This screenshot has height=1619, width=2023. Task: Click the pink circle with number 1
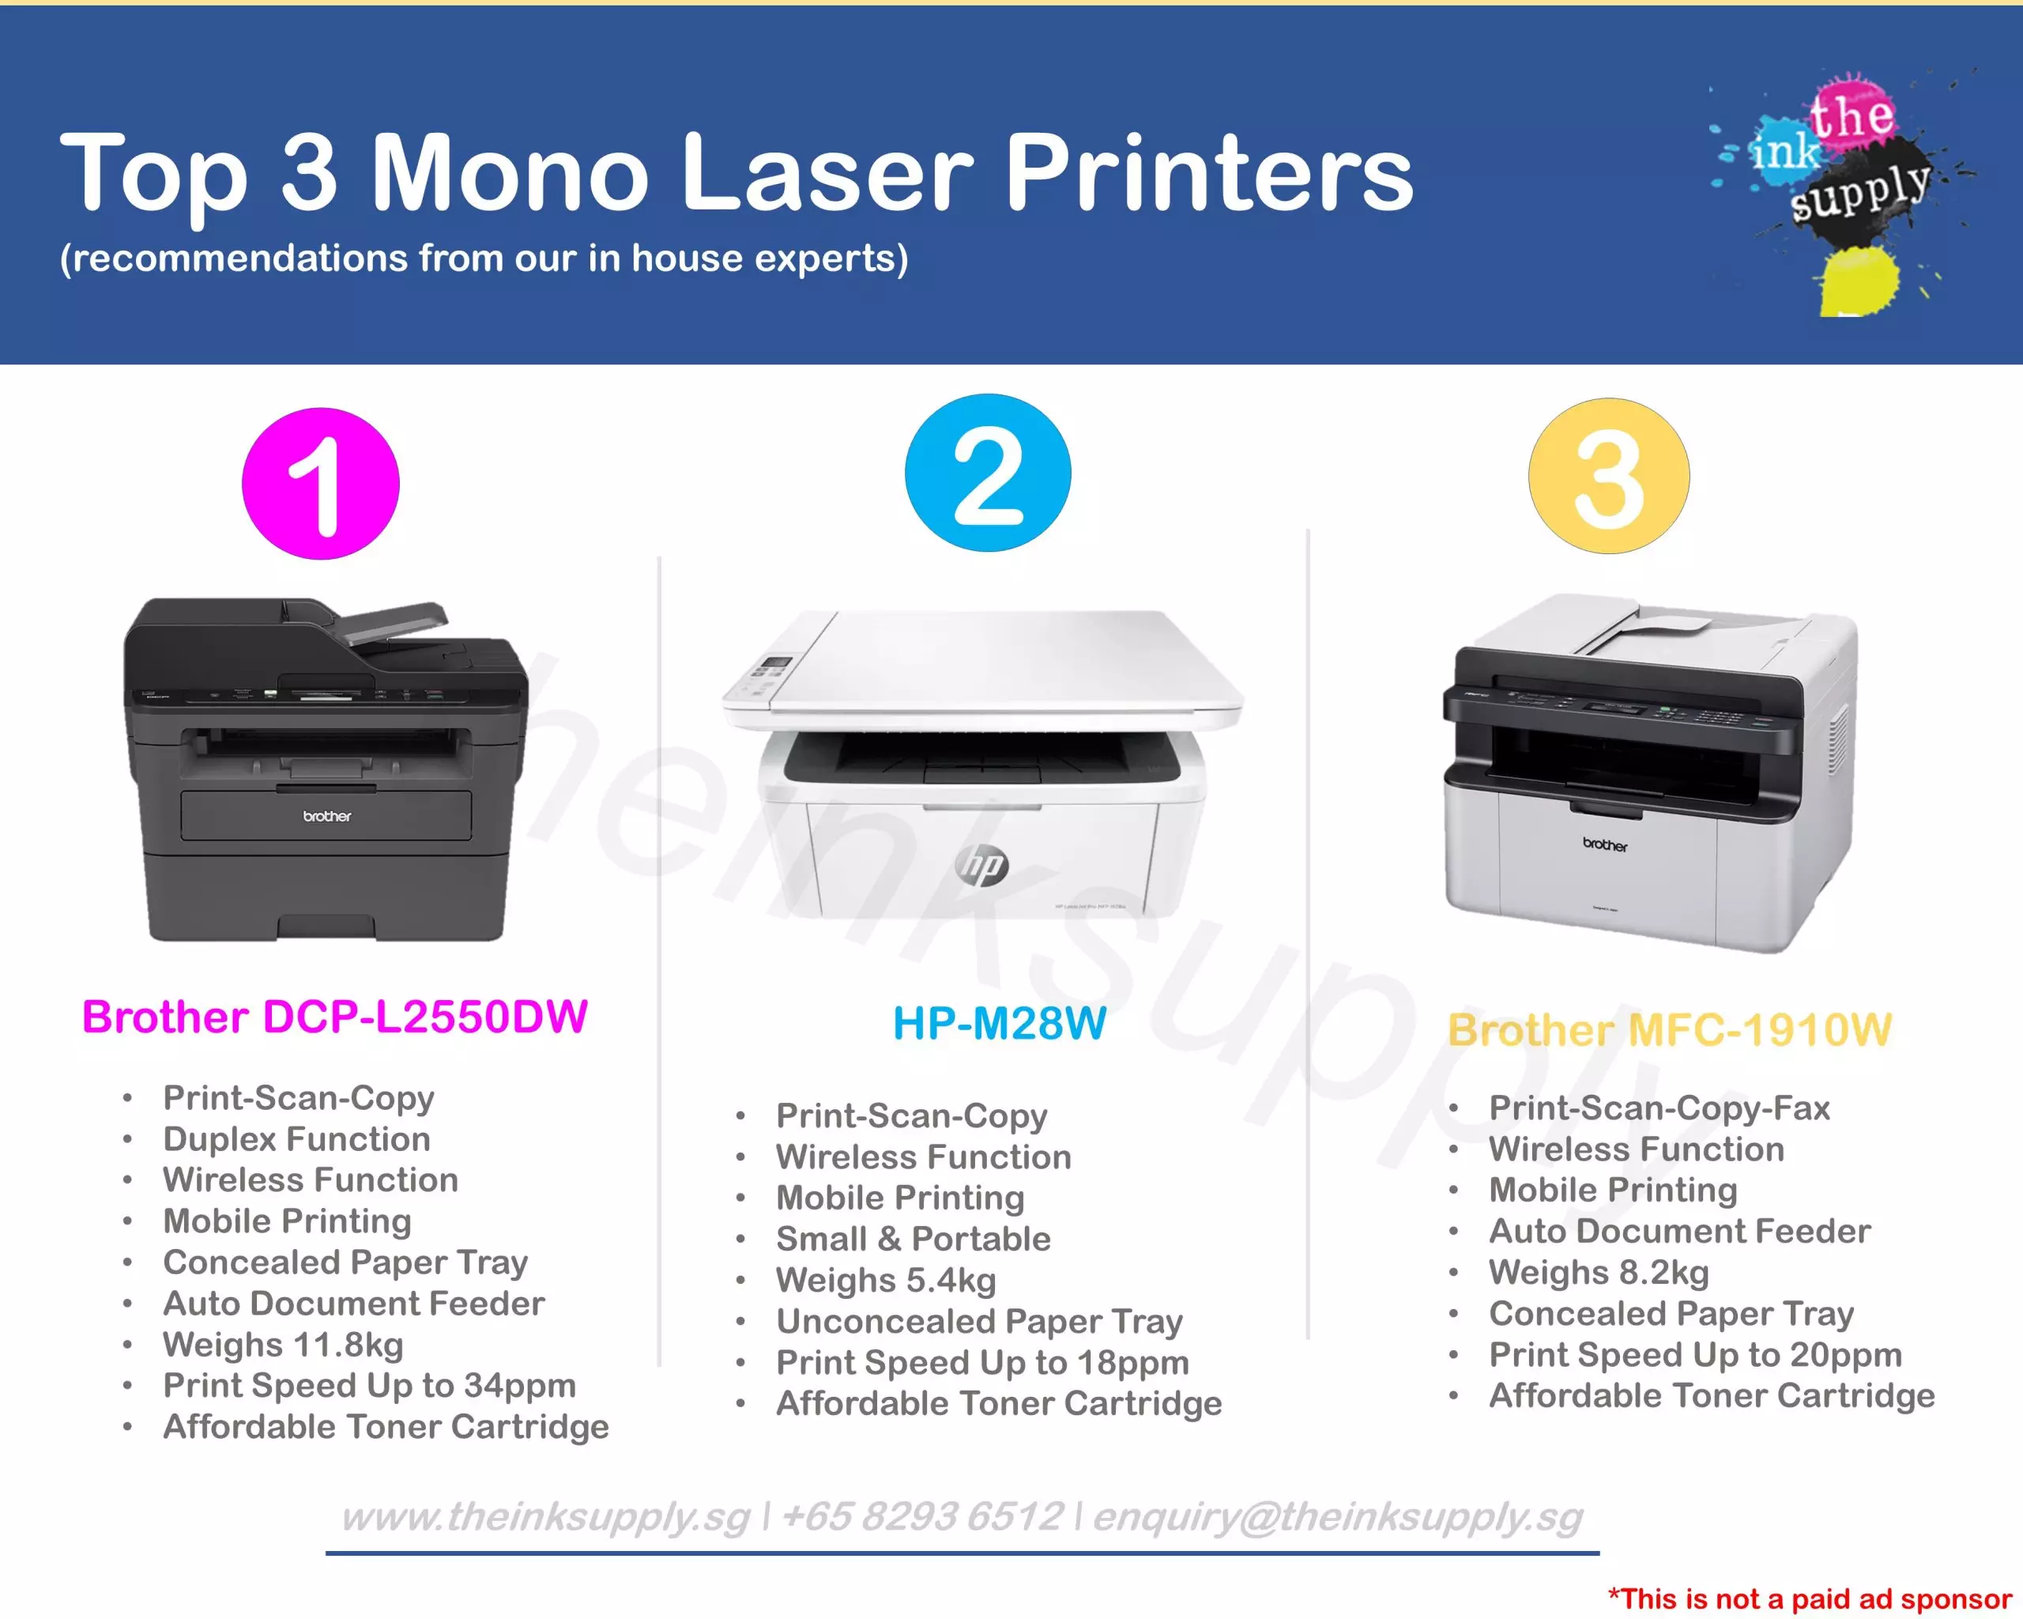tap(321, 483)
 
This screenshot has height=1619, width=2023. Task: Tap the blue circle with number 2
tap(988, 472)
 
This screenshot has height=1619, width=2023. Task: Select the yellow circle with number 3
tap(1609, 476)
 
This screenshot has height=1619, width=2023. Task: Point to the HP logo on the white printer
tap(982, 866)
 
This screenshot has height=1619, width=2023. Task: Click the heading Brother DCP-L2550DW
tap(335, 1017)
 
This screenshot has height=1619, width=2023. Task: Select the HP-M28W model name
tap(1000, 1023)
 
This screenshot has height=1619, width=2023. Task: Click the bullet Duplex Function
tap(296, 1139)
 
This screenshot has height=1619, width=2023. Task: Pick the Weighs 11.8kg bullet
tap(284, 1345)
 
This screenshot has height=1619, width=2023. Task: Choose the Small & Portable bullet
tap(913, 1239)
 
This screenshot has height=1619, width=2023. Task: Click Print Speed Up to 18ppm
tap(982, 1363)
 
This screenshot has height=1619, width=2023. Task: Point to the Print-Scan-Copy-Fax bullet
tap(1659, 1108)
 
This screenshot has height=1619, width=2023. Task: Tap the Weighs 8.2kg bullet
tap(1599, 1273)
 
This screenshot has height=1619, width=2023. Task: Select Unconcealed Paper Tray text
tap(980, 1322)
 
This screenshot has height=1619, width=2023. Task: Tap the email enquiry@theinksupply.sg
tap(1338, 1518)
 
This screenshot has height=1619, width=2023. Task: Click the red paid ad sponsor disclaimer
tap(1810, 1598)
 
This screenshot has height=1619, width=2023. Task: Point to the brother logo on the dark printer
tap(326, 817)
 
